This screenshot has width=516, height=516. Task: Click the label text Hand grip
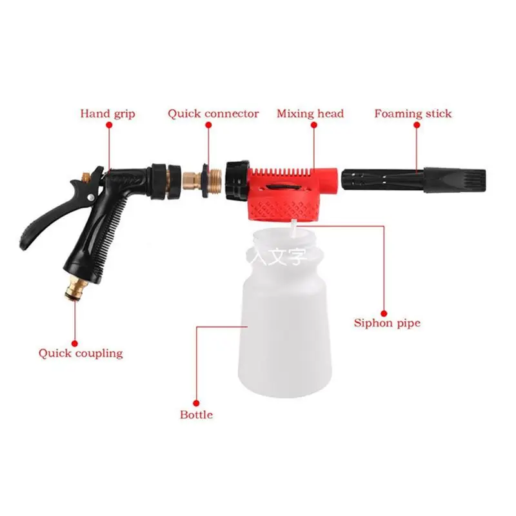[x=108, y=114]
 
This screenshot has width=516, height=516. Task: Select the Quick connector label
[x=213, y=114]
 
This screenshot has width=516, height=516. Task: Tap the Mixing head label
[x=310, y=114]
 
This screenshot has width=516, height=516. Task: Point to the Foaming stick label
[x=413, y=114]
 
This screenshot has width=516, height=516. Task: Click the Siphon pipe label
[x=387, y=322]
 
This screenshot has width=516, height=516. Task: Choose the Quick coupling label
[x=80, y=353]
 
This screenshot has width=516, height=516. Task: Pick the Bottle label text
[x=196, y=415]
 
